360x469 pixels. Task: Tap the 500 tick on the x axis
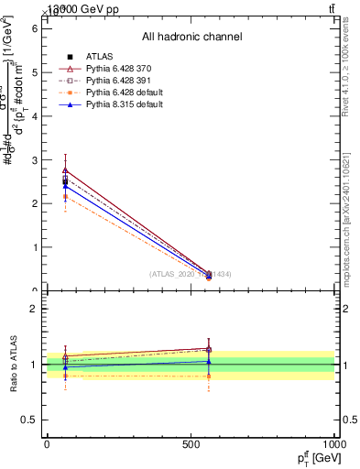(191, 444)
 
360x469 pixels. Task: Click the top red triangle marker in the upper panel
(65, 170)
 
